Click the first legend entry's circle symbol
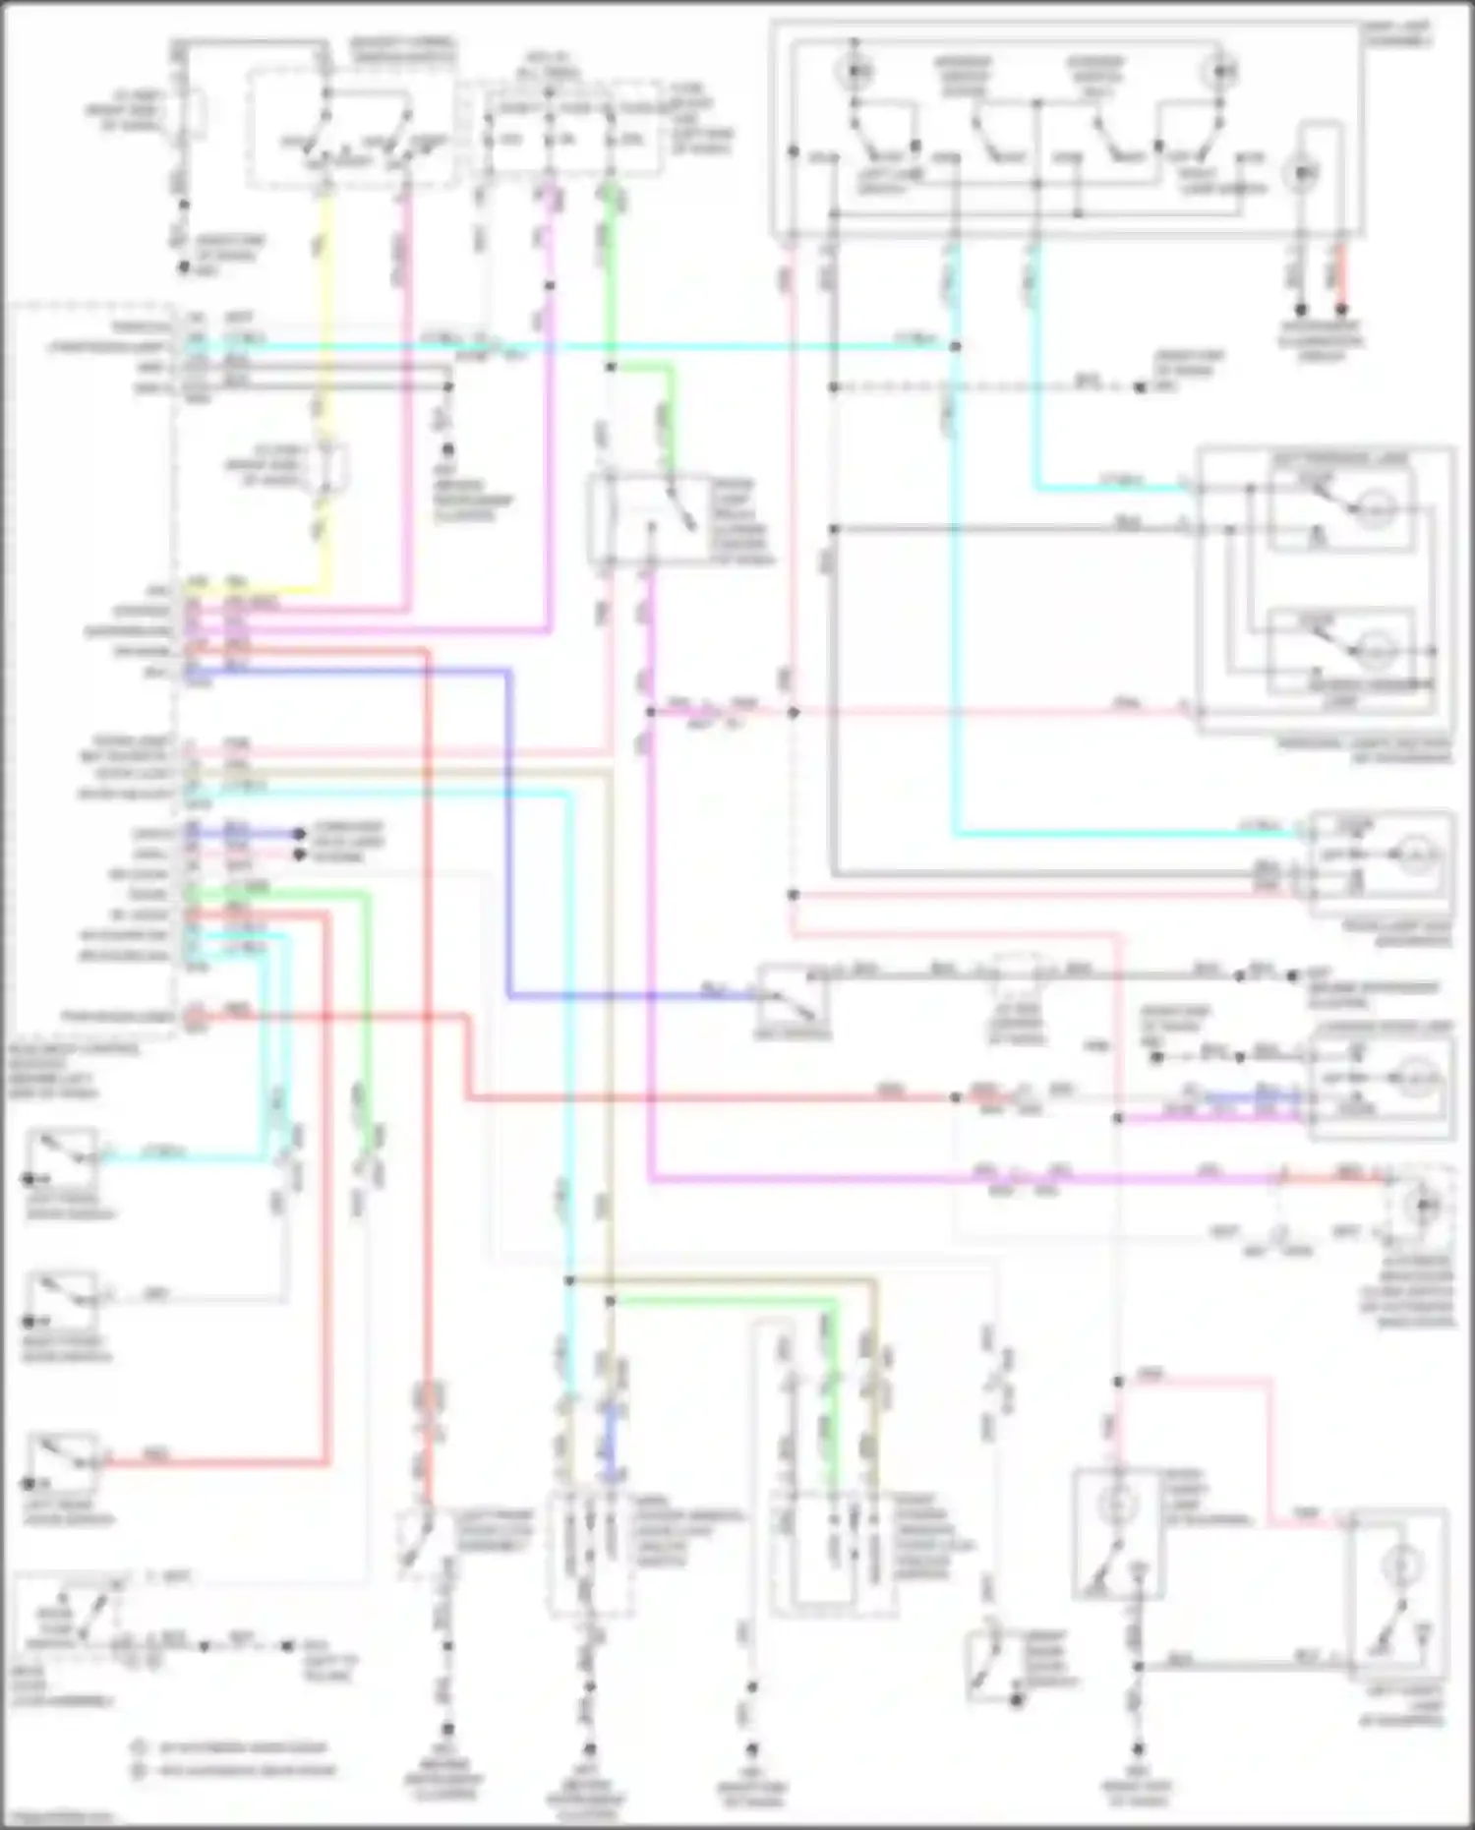[140, 1748]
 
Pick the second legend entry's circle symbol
[140, 1771]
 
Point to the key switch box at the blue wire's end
[793, 998]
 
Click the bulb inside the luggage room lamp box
[1416, 1078]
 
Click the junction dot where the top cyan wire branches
[955, 346]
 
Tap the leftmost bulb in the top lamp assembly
[855, 72]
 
